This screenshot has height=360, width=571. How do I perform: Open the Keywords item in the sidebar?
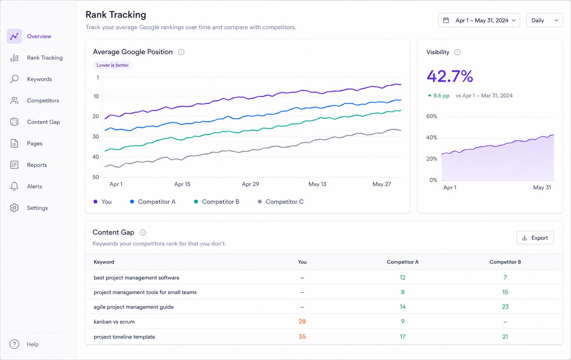(x=39, y=79)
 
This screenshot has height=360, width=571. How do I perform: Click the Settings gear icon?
(x=14, y=208)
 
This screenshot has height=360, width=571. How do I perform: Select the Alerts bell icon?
(x=14, y=186)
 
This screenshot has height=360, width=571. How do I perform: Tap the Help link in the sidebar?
(x=32, y=344)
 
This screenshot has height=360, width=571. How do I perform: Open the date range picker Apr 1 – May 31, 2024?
(x=479, y=20)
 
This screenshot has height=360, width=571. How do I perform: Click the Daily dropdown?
(x=545, y=20)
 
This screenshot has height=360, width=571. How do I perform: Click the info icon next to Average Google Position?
(x=181, y=52)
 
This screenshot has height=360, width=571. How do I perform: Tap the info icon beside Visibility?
(x=457, y=52)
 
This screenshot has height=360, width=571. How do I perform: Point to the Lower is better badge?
(x=112, y=65)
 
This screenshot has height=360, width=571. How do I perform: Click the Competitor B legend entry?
(x=217, y=201)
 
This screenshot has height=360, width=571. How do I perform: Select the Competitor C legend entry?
(x=281, y=201)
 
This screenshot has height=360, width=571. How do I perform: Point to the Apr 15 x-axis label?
(x=182, y=184)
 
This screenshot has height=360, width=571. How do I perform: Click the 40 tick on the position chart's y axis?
(x=96, y=157)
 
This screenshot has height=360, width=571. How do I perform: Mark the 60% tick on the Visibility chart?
(x=431, y=116)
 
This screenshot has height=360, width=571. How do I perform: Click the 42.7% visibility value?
(x=450, y=76)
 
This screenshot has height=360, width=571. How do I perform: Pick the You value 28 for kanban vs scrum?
(x=302, y=321)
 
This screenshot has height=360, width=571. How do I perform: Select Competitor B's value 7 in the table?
(x=505, y=277)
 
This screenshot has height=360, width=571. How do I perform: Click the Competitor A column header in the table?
(x=403, y=262)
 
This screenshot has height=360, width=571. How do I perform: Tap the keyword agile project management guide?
(x=133, y=307)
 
